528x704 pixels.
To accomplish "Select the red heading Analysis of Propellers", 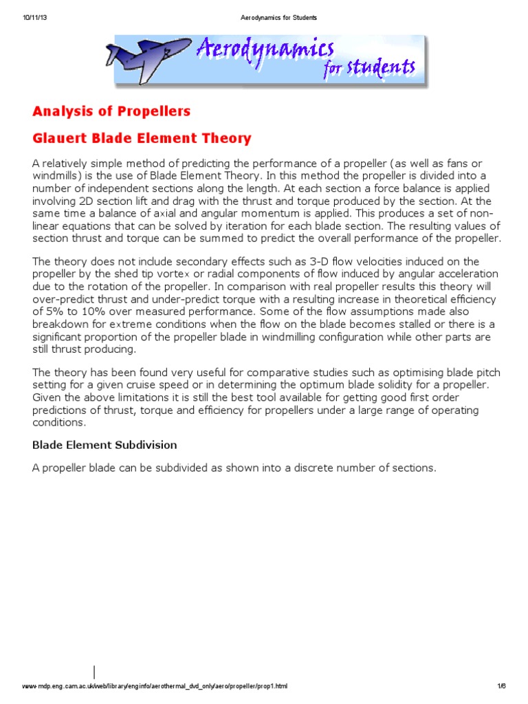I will point(111,111).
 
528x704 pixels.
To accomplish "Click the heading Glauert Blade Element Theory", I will point(142,138).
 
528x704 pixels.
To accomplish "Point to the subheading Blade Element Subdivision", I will point(104,445).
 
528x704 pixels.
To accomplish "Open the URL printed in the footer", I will point(155,686).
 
